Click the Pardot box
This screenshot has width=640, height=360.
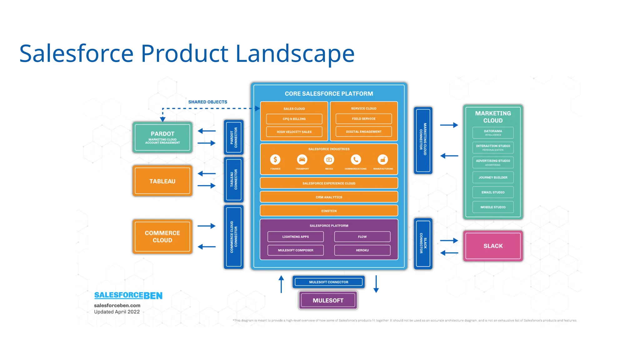click(162, 137)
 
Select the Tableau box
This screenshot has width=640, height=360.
click(162, 181)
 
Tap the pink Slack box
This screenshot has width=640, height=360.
click(493, 246)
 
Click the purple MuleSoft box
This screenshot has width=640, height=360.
click(328, 300)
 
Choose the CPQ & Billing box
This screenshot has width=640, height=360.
click(294, 119)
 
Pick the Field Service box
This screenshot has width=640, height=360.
click(363, 119)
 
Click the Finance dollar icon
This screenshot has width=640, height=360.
click(275, 160)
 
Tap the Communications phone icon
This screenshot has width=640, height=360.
click(356, 160)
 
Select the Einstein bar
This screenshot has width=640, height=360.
click(329, 211)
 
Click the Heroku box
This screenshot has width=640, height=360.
click(362, 250)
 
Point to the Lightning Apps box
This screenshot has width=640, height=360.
click(295, 237)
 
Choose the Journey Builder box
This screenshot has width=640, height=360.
click(493, 177)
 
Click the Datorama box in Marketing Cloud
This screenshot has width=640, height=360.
click(493, 133)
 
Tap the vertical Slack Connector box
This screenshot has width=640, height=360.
click(423, 243)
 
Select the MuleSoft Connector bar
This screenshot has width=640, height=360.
click(328, 282)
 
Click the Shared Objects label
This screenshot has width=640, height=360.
click(207, 102)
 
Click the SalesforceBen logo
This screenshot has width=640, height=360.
click(128, 295)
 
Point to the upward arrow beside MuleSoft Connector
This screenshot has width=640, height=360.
click(281, 284)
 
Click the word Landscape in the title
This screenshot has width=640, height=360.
click(295, 54)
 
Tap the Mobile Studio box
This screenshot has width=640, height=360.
click(493, 207)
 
